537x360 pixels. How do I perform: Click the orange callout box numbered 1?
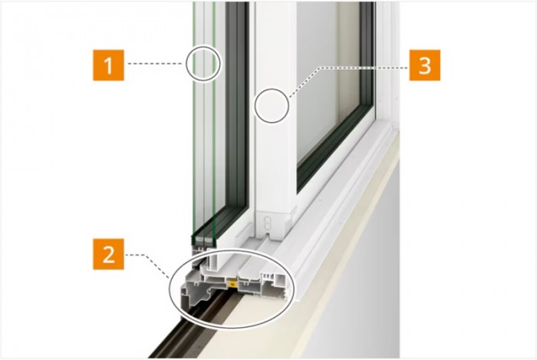[x=108, y=65]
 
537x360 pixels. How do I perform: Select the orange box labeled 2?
[x=108, y=254]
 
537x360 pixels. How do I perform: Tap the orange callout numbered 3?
[x=425, y=65]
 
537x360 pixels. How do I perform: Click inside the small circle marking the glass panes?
[x=203, y=64]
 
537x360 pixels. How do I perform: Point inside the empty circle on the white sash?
[x=272, y=105]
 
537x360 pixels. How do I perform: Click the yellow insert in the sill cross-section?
[x=232, y=282]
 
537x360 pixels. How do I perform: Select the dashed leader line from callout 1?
[x=156, y=64]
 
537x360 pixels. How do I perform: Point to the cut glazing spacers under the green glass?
[x=203, y=239]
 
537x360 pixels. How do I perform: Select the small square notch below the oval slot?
[x=268, y=236]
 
